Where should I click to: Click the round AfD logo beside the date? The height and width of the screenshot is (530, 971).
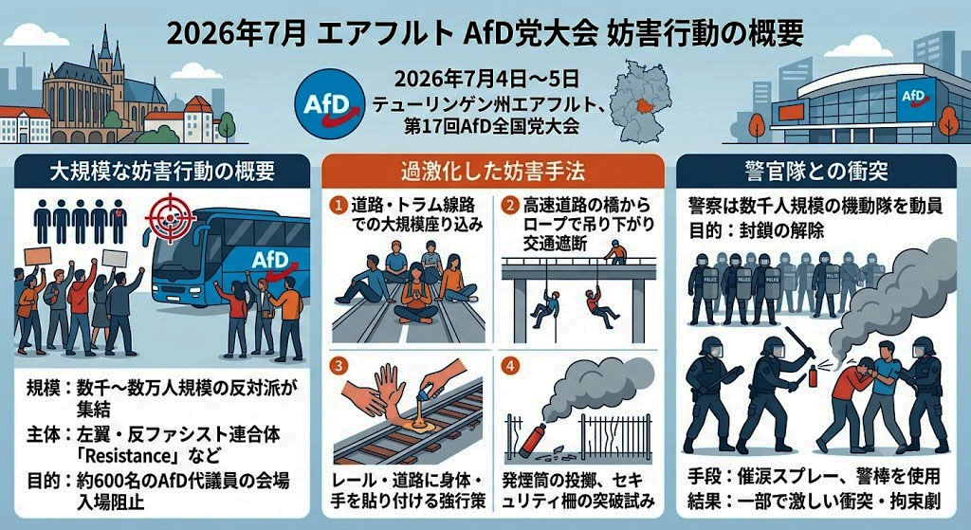pos(330,102)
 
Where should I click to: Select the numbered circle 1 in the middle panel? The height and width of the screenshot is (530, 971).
pos(339,205)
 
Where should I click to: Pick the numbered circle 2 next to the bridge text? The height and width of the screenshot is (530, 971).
pos(509,205)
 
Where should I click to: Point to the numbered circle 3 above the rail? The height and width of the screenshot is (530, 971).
pos(339,365)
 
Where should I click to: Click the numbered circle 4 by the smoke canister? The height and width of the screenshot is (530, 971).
pos(509,365)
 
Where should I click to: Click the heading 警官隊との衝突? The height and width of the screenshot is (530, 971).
pos(816,171)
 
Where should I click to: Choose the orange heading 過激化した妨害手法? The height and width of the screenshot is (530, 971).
pos(492,171)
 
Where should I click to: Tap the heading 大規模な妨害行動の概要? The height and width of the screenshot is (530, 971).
pos(161,171)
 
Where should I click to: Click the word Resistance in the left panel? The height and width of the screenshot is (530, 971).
pos(127,456)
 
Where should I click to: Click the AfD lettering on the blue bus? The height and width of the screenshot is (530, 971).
pos(270,259)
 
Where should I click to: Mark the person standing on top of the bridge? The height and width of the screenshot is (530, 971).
pos(614,252)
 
